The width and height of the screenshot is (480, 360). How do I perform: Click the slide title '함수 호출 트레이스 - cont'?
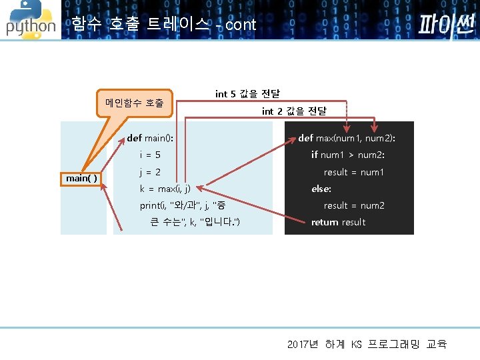pos(164,25)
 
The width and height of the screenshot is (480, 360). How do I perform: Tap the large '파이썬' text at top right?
pos(446,25)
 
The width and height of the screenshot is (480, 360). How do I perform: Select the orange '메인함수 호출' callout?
pos(134,103)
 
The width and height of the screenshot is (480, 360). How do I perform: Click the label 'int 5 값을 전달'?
pos(247,93)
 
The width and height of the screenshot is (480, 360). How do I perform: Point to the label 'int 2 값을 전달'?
pos(294,111)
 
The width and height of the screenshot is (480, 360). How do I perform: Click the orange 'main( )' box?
pos(82,178)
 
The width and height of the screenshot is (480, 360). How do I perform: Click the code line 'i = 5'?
pos(150,155)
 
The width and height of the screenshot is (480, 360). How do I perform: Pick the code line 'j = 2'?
pos(150,172)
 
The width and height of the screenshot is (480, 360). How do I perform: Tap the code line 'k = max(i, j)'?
pos(165,189)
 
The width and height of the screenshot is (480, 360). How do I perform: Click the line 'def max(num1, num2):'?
pos(347,138)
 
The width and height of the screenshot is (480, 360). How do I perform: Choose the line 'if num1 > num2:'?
pos(348,155)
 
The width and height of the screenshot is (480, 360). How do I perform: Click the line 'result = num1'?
pos(354,172)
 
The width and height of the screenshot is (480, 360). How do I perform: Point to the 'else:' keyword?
pos(321,189)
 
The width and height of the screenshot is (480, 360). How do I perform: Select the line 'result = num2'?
pos(354,205)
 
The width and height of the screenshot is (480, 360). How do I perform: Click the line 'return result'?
pos(338,222)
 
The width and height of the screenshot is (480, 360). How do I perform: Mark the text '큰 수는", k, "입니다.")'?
pos(195,222)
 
